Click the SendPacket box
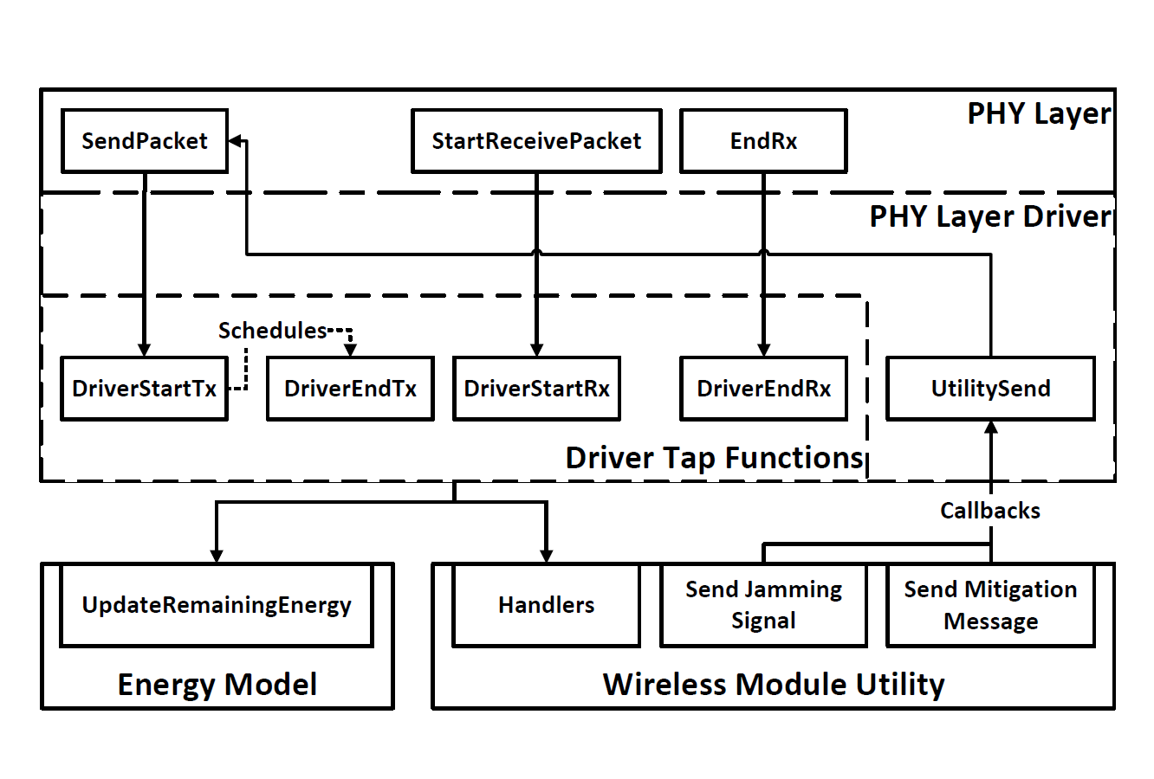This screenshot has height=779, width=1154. point(144,141)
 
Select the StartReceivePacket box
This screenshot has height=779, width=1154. point(536,141)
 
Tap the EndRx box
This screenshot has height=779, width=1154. point(763,141)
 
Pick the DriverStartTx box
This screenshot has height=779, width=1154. point(144,389)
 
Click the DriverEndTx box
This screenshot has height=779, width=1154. point(350,389)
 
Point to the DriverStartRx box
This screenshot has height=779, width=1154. point(536,389)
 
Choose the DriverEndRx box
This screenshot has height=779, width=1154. point(763,389)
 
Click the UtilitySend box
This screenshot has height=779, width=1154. point(990,389)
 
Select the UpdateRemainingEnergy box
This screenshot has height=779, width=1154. point(217,605)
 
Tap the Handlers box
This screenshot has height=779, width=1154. point(546,605)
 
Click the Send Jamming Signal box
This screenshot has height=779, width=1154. point(763,605)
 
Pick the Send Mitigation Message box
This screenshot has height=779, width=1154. point(990,605)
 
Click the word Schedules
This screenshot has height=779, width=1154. point(273,331)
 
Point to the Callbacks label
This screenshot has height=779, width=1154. point(990,511)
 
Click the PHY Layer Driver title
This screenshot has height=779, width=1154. point(990,216)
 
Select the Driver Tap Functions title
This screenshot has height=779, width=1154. point(714,457)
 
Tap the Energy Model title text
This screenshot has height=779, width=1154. point(217,685)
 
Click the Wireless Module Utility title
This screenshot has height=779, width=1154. point(774,685)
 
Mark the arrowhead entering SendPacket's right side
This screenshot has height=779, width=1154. point(235,140)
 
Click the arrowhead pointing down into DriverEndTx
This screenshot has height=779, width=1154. point(350,350)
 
